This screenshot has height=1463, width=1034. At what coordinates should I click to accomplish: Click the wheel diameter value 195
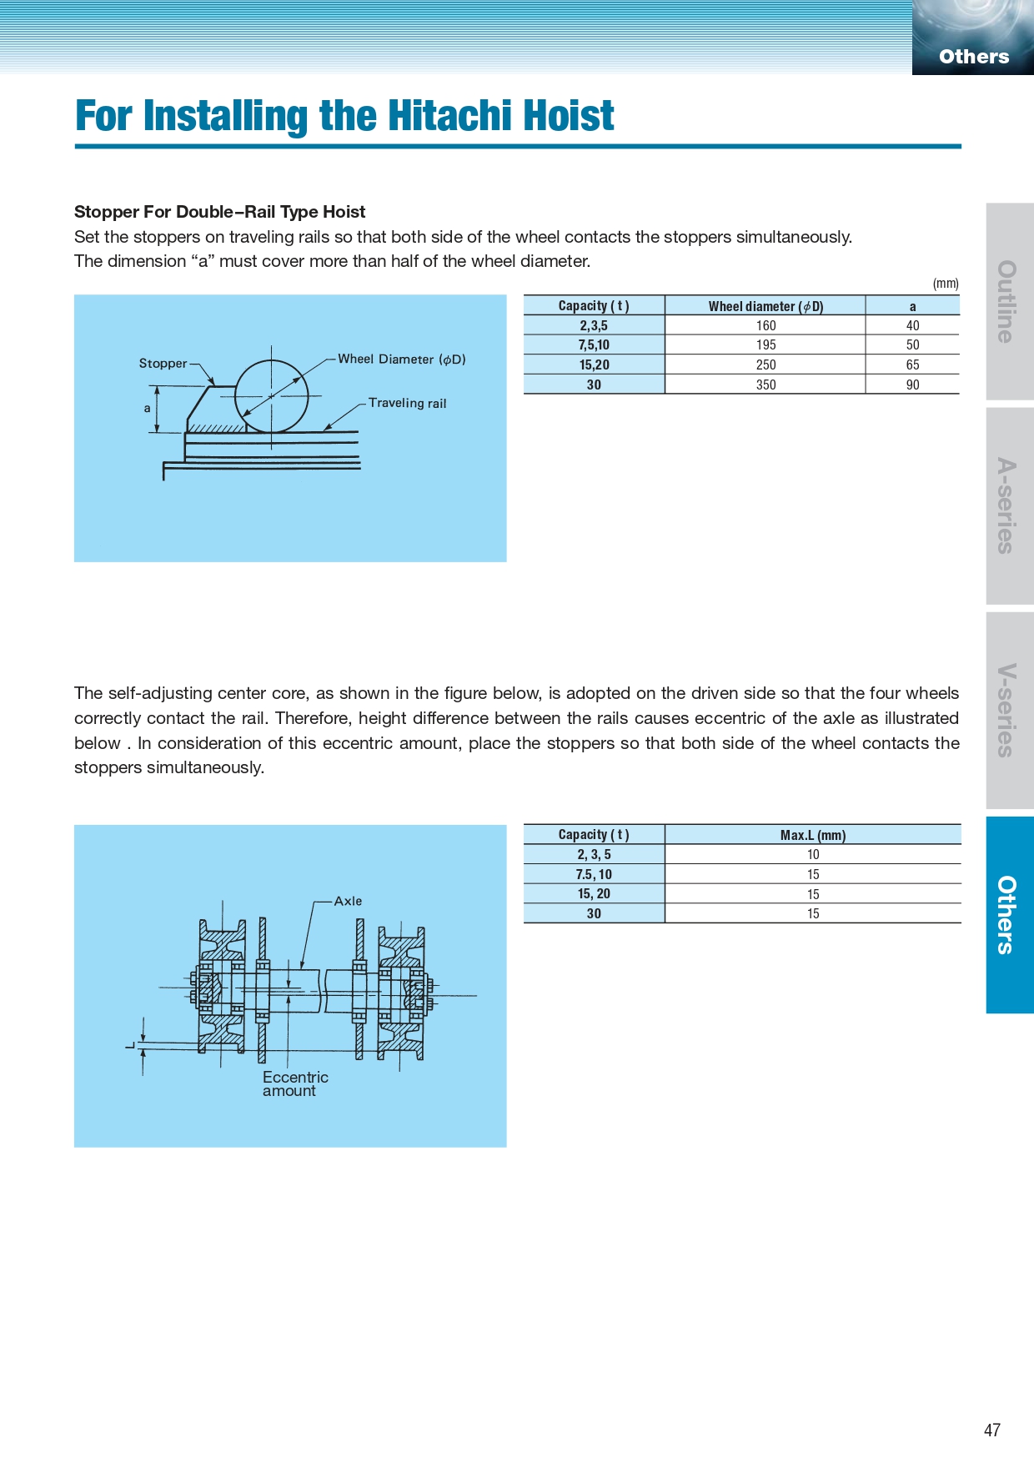click(x=765, y=344)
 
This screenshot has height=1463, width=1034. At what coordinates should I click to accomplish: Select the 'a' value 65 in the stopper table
click(x=912, y=364)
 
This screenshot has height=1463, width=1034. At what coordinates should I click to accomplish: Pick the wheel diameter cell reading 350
click(x=765, y=385)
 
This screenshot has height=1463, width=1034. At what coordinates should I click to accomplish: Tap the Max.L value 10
click(x=813, y=854)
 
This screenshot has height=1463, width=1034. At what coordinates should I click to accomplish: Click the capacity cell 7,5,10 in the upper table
click(x=594, y=344)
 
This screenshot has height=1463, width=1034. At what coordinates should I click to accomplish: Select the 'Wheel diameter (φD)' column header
click(x=765, y=306)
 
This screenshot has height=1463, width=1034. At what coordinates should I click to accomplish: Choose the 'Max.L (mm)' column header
click(x=813, y=835)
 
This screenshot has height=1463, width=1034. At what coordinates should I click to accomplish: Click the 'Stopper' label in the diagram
click(x=163, y=363)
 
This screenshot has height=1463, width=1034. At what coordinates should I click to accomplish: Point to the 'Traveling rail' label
click(x=407, y=403)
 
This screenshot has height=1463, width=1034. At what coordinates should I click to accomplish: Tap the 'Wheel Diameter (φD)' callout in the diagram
click(x=401, y=359)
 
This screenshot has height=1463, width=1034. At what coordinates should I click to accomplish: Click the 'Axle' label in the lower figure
click(x=348, y=901)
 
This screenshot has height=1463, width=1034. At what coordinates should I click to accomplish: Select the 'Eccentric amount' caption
click(x=294, y=1083)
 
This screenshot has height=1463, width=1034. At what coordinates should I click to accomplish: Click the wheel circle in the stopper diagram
click(x=272, y=396)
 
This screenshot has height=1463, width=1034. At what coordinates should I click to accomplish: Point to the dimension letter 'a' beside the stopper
click(x=148, y=408)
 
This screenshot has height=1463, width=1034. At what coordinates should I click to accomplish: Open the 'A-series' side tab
click(x=1009, y=505)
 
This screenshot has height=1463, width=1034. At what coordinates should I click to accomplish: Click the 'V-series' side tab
click(x=1009, y=710)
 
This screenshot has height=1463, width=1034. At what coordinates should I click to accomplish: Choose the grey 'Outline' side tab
click(x=1009, y=301)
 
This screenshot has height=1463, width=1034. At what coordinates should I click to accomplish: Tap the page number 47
click(x=991, y=1430)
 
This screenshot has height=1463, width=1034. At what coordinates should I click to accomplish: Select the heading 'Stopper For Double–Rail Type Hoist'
click(x=220, y=212)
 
